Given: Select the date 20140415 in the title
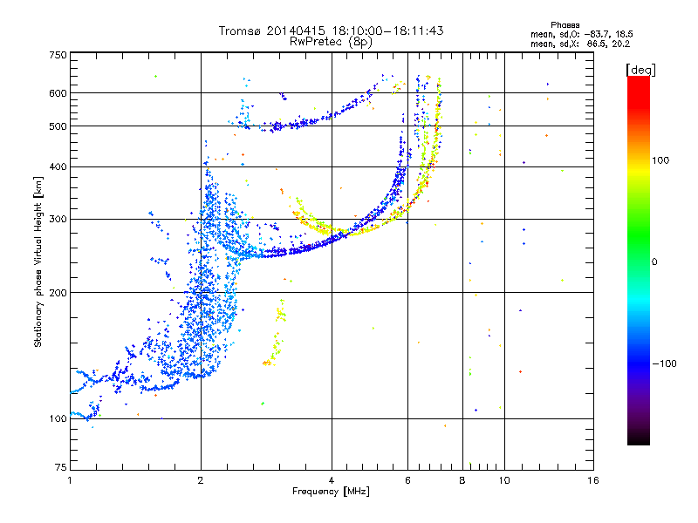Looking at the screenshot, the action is pos(296,31).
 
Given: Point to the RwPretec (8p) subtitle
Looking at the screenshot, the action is pos(331,42).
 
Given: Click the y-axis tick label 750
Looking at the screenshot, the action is pos(58,55).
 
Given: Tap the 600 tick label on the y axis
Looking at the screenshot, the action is pos(58,93).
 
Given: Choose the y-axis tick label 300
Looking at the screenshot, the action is pos(58,219).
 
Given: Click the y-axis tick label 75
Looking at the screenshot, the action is pos(61,467).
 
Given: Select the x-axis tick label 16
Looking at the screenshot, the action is pos(593,480).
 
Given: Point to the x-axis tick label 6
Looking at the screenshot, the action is pos(407,480).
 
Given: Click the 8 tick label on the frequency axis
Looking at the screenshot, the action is pos(462,480).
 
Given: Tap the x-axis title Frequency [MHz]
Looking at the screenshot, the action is pos(331,492).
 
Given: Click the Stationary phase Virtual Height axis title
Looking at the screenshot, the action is pos(38,262).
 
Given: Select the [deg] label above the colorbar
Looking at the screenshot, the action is pos(640,70).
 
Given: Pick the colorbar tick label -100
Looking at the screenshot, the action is pos(665,363).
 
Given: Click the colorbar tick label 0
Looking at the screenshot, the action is pos(654,261).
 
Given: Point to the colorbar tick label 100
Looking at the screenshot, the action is pos(660,160).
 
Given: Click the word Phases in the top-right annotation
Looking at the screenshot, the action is pos(565,25).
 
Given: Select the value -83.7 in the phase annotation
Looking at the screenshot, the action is pos(596,34).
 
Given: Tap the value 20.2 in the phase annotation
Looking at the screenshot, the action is pos(620,44).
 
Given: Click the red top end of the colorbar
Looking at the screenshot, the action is pos(639,78).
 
